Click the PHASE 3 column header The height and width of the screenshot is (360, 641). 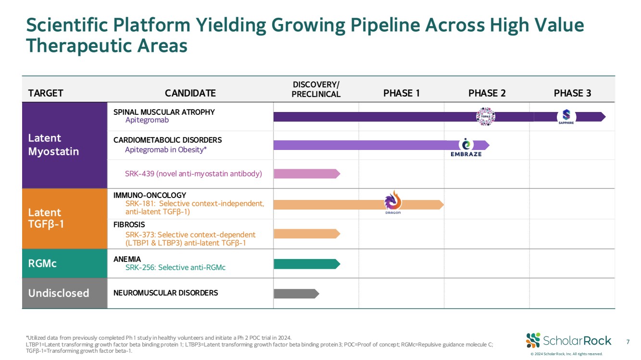(x=572, y=93)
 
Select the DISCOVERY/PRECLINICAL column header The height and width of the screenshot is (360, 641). (x=316, y=89)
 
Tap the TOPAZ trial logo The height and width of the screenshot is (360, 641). (x=485, y=117)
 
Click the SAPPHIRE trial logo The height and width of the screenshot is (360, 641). (x=566, y=117)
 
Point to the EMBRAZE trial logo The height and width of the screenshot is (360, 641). (x=465, y=147)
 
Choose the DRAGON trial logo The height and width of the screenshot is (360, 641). (x=392, y=202)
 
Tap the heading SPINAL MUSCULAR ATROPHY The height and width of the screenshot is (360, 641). (x=164, y=112)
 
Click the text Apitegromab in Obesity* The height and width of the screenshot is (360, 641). (x=166, y=150)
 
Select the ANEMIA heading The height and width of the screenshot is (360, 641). (x=127, y=259)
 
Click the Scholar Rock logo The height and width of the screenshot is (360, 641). (x=568, y=341)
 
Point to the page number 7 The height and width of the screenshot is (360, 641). (x=628, y=342)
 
